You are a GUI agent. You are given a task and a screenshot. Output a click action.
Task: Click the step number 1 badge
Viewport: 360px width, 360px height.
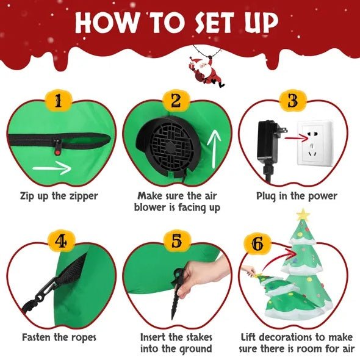(59, 101)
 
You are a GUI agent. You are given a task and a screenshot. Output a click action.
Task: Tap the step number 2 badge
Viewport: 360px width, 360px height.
(176, 101)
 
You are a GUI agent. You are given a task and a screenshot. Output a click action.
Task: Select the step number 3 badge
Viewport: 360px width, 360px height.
(293, 101)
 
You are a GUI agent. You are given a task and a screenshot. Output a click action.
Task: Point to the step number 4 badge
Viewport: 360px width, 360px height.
(61, 242)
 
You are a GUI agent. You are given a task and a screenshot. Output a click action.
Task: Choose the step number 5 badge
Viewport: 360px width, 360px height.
(177, 241)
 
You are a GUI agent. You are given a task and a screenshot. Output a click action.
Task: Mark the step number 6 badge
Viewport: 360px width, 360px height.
(257, 244)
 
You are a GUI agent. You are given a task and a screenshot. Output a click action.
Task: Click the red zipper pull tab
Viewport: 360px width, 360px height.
(57, 152)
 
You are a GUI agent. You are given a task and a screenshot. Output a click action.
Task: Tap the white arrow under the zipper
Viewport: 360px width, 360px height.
(52, 168)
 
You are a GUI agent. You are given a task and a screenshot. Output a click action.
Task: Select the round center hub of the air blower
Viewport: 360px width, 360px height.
(170, 147)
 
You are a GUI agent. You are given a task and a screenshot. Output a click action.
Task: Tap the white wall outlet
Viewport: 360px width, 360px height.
(315, 143)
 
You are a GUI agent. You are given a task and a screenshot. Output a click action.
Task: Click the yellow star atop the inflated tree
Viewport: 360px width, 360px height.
(303, 214)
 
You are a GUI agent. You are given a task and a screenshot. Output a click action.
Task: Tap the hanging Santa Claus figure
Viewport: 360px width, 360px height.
(205, 71)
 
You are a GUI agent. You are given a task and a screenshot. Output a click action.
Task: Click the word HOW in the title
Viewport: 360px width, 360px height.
(106, 22)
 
